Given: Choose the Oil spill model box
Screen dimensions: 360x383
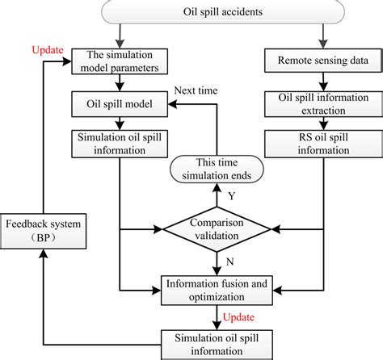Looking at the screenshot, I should tap(120, 104).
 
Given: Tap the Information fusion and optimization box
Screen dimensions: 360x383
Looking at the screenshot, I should tap(217, 290).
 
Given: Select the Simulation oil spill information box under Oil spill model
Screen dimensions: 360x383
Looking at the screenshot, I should tap(120, 142).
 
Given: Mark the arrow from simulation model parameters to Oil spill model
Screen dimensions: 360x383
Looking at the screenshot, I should tap(120, 83).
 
